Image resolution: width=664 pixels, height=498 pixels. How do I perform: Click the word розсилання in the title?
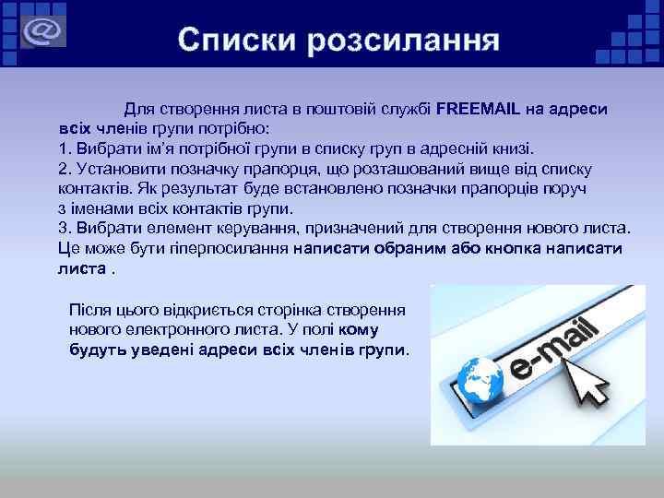(405, 41)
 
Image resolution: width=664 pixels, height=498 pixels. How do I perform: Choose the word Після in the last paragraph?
(90, 310)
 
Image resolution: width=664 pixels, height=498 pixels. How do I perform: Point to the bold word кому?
(359, 329)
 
